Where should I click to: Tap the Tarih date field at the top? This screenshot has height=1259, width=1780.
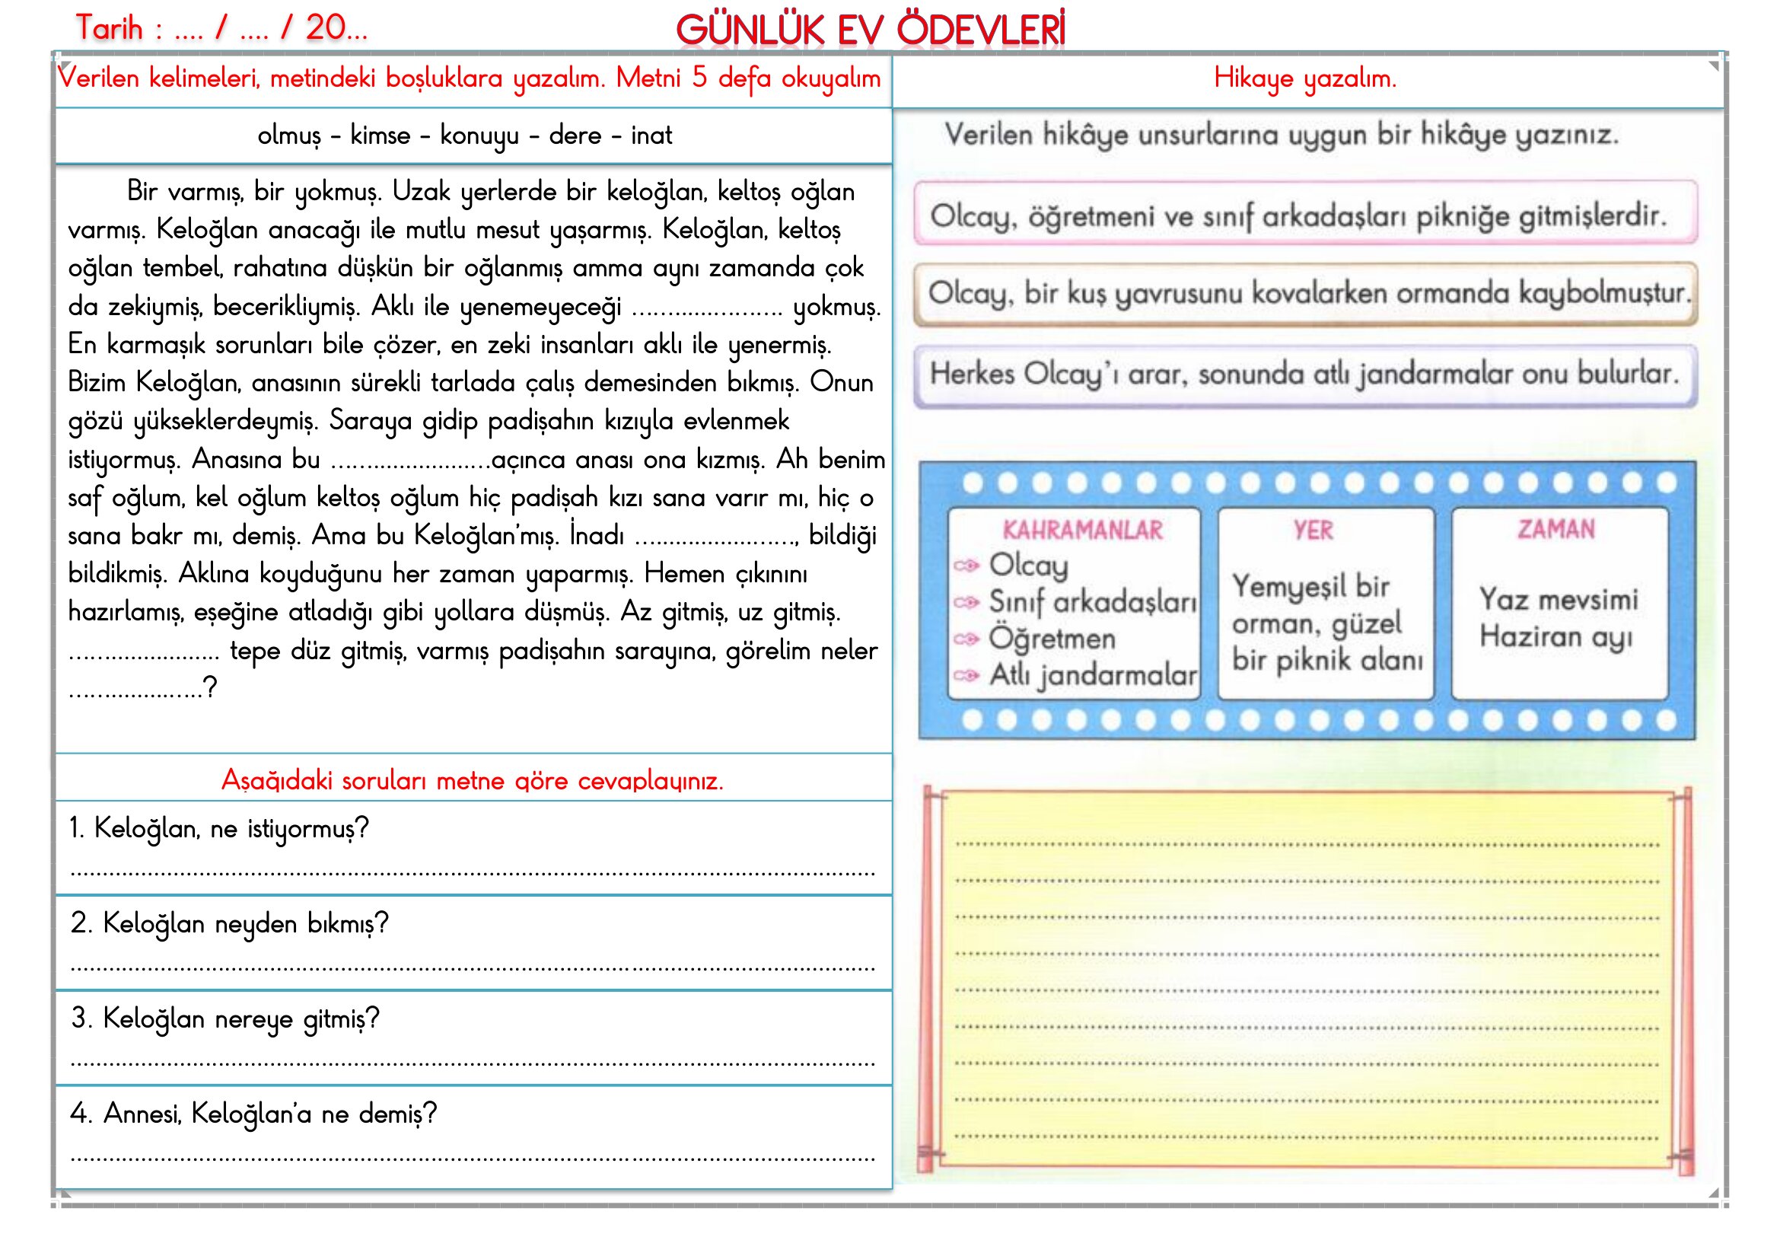(x=221, y=29)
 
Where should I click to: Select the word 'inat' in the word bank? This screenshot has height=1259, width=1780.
(x=651, y=135)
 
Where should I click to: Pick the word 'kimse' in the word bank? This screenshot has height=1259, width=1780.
(x=380, y=135)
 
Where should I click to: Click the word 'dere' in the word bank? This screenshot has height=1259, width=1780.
(x=575, y=135)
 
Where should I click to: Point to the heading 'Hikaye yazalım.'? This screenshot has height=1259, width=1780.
(x=1305, y=78)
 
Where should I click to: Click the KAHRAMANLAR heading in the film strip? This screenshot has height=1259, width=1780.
(x=1082, y=531)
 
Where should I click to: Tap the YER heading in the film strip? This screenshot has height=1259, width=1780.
(x=1313, y=531)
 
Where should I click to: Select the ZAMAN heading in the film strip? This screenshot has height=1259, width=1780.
(x=1556, y=530)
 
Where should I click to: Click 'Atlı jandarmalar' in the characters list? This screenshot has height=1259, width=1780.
(x=1093, y=675)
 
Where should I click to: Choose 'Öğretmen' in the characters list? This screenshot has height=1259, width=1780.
(x=1052, y=639)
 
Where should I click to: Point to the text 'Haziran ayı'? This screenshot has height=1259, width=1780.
(x=1556, y=637)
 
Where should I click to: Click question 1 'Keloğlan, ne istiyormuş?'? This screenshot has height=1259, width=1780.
(x=218, y=829)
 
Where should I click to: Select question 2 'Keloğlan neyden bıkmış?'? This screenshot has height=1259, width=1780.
(x=230, y=923)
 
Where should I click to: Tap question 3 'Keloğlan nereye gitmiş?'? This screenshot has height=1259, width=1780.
(x=224, y=1018)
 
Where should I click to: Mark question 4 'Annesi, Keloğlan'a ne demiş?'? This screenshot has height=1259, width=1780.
(x=253, y=1114)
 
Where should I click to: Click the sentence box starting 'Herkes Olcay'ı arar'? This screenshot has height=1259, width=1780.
(x=1305, y=375)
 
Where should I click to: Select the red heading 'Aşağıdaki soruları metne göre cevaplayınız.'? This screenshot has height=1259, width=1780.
(x=472, y=780)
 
